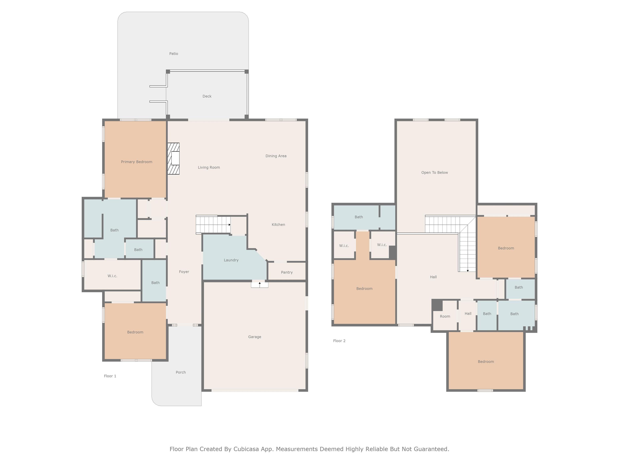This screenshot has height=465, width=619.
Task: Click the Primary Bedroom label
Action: coord(137,162)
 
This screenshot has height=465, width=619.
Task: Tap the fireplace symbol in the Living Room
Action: coord(173,159)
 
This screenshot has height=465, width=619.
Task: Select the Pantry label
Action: coord(287,272)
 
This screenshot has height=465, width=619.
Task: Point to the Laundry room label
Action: coord(231,260)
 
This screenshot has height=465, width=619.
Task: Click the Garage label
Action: coord(255,337)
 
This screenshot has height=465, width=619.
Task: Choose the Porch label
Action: coord(181,372)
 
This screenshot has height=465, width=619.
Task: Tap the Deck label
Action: coord(207,96)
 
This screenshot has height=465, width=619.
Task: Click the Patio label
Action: coord(174,53)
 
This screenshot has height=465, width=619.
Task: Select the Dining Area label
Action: coord(276,156)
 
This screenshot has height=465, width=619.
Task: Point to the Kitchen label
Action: coord(278,224)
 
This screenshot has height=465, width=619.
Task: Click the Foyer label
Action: coord(184,272)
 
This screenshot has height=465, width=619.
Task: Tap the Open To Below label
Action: coord(435,173)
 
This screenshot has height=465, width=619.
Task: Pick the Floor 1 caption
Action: coord(110,376)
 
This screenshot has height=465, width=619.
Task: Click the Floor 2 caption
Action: coord(339,341)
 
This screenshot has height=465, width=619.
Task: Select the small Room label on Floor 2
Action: coord(445,316)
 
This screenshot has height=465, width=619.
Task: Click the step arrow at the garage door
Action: coord(260,285)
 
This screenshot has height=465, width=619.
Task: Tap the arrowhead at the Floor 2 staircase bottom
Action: coord(468,271)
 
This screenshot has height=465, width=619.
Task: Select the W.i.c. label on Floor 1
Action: coord(112,276)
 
